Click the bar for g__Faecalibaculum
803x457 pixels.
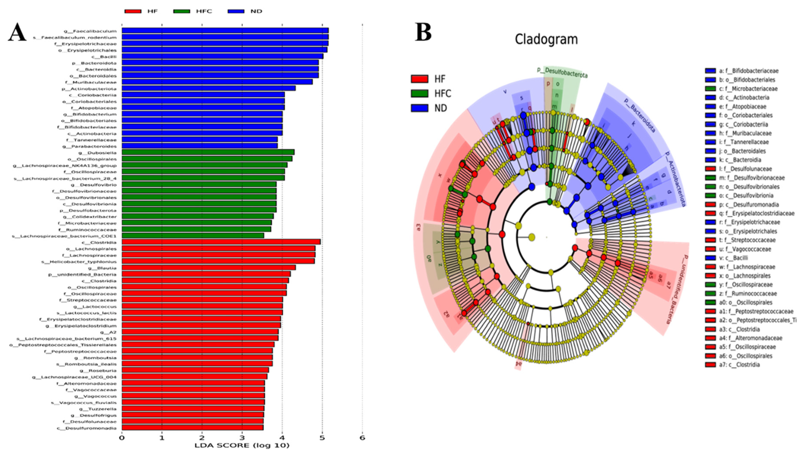pos(225,30)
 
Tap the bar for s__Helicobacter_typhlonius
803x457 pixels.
pos(218,261)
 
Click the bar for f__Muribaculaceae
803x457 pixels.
pos(217,82)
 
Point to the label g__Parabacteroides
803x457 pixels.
pos(90,146)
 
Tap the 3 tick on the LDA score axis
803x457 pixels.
pos(242,438)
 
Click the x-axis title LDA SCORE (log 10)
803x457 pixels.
pos(242,445)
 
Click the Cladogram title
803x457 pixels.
pos(546,39)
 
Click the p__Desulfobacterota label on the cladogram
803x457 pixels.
pos(562,72)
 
